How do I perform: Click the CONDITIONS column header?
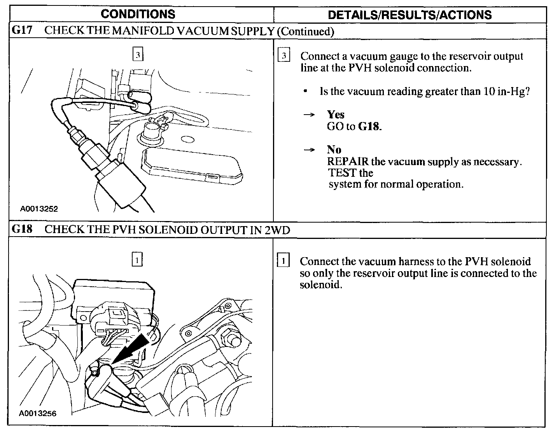[138, 14]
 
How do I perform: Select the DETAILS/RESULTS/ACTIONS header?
[410, 15]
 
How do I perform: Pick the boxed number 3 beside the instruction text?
[284, 56]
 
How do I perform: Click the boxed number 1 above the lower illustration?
[137, 259]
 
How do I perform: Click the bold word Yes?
[336, 115]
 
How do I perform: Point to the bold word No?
[334, 150]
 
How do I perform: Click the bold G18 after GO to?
[369, 127]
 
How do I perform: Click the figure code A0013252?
[39, 209]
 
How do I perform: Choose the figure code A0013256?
[38, 413]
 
